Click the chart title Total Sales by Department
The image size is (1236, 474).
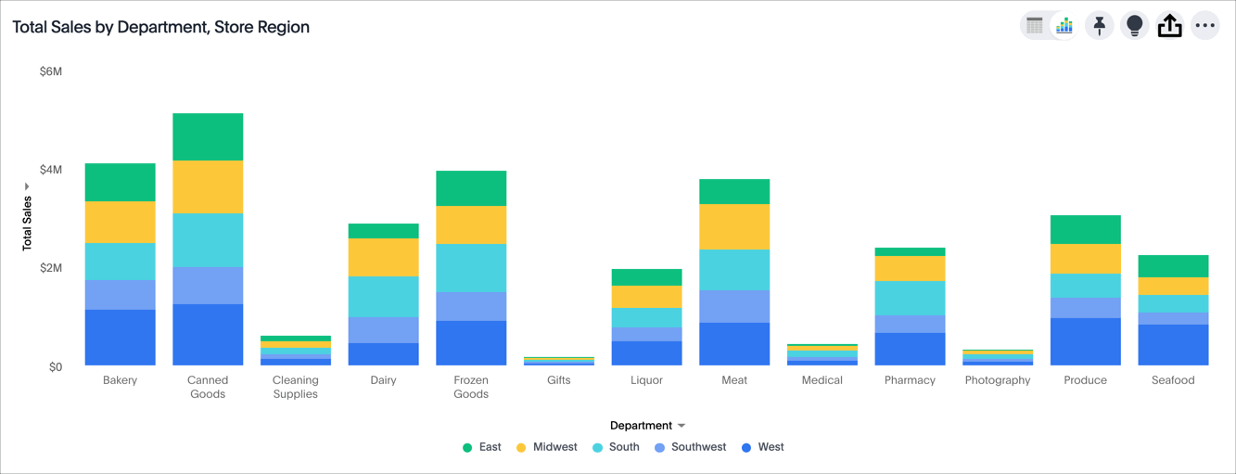click(160, 27)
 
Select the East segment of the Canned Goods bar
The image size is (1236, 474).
click(208, 136)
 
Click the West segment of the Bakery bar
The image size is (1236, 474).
click(121, 337)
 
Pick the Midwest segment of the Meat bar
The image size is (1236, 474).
click(734, 226)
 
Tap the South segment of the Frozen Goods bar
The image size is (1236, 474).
click(471, 268)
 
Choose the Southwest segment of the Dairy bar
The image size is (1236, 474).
click(383, 329)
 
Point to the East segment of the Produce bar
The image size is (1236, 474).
click(1085, 229)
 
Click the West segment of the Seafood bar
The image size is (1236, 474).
click(1173, 344)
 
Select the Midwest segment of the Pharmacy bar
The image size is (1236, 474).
click(910, 268)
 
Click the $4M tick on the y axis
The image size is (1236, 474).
click(51, 170)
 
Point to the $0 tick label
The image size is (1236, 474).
click(56, 366)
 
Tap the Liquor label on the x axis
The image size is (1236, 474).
click(646, 380)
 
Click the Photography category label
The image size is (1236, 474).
click(998, 380)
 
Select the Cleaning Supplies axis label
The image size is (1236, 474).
click(296, 387)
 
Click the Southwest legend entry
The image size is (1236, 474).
click(691, 447)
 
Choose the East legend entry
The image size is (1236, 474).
click(482, 447)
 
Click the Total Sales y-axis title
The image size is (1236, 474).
click(27, 223)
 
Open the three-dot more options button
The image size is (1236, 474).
click(1204, 26)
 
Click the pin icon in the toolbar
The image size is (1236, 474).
click(1099, 26)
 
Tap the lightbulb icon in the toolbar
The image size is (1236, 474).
click(1134, 26)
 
